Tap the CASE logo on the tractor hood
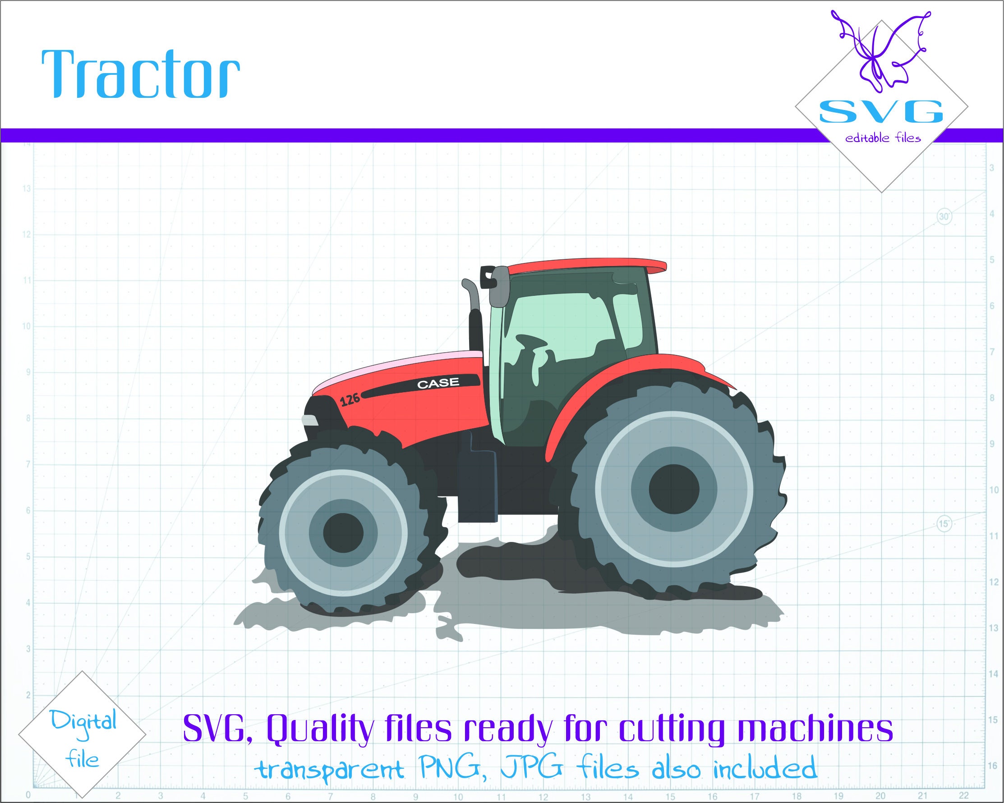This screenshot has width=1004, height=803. click(438, 383)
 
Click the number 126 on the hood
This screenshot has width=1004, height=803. click(350, 399)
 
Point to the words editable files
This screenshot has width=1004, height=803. click(883, 138)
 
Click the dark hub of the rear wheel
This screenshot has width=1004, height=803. click(674, 489)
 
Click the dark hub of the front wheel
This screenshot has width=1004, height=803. click(343, 533)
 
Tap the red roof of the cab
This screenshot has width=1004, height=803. click(587, 266)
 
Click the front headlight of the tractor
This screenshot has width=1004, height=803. click(310, 420)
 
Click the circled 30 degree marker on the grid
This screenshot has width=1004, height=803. click(944, 217)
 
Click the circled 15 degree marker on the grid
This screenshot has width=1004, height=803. click(944, 524)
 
